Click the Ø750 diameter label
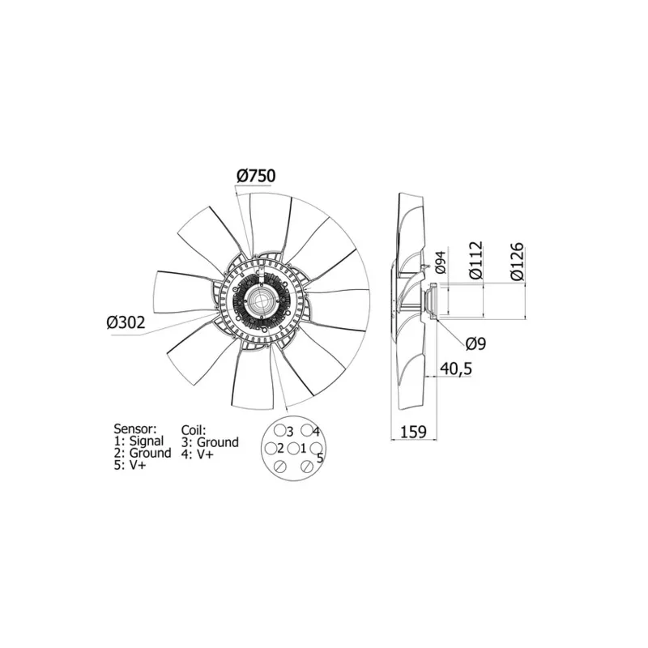coord(256,175)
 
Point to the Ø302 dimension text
coord(126,322)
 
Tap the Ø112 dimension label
coord(475,260)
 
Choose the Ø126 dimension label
coord(518,260)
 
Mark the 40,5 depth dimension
coord(455,369)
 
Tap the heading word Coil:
coord(194,429)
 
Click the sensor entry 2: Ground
coord(143,454)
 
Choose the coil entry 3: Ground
coord(210,442)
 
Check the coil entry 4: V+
coord(198,454)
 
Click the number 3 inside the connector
coord(289,432)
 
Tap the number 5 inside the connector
coord(320,458)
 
